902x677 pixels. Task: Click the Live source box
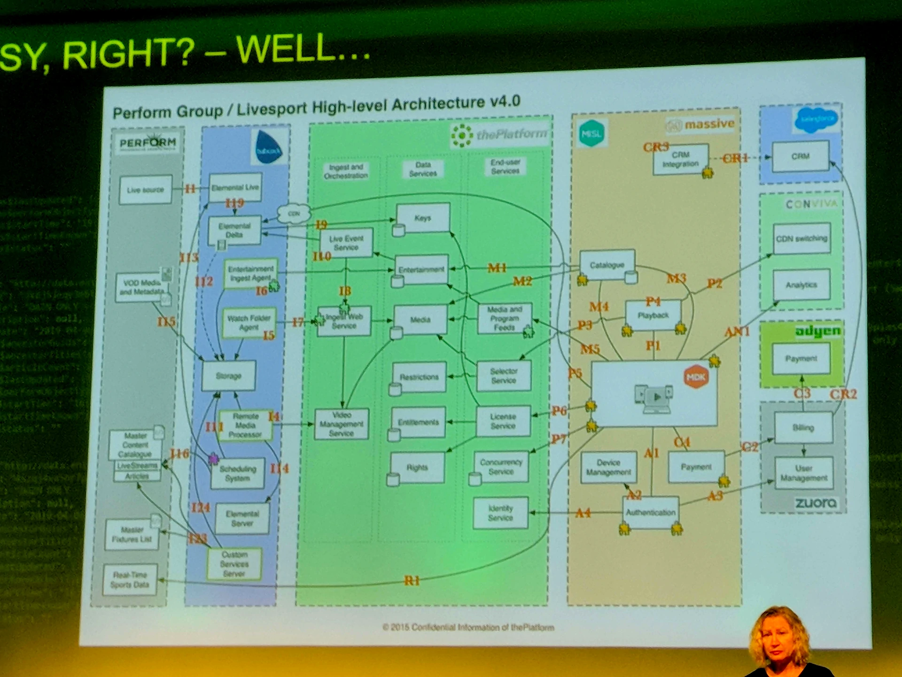click(x=145, y=190)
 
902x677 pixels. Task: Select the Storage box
click(x=229, y=376)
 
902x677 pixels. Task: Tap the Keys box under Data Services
click(x=423, y=218)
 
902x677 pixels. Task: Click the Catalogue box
click(x=607, y=265)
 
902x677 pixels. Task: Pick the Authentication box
click(x=651, y=512)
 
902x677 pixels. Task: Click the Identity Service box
click(x=500, y=513)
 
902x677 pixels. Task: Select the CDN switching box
click(x=801, y=238)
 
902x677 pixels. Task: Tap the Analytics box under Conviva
click(x=801, y=285)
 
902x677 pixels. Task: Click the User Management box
click(x=804, y=473)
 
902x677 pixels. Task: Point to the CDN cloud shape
click(x=294, y=214)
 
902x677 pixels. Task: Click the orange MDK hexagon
click(x=696, y=377)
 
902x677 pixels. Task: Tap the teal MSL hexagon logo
click(x=591, y=134)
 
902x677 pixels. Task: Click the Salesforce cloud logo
click(x=816, y=119)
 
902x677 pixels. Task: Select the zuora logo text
click(x=816, y=503)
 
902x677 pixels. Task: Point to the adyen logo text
click(x=817, y=331)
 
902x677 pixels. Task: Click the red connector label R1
click(x=412, y=581)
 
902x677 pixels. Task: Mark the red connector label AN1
click(x=737, y=332)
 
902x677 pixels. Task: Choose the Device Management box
click(x=608, y=467)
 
